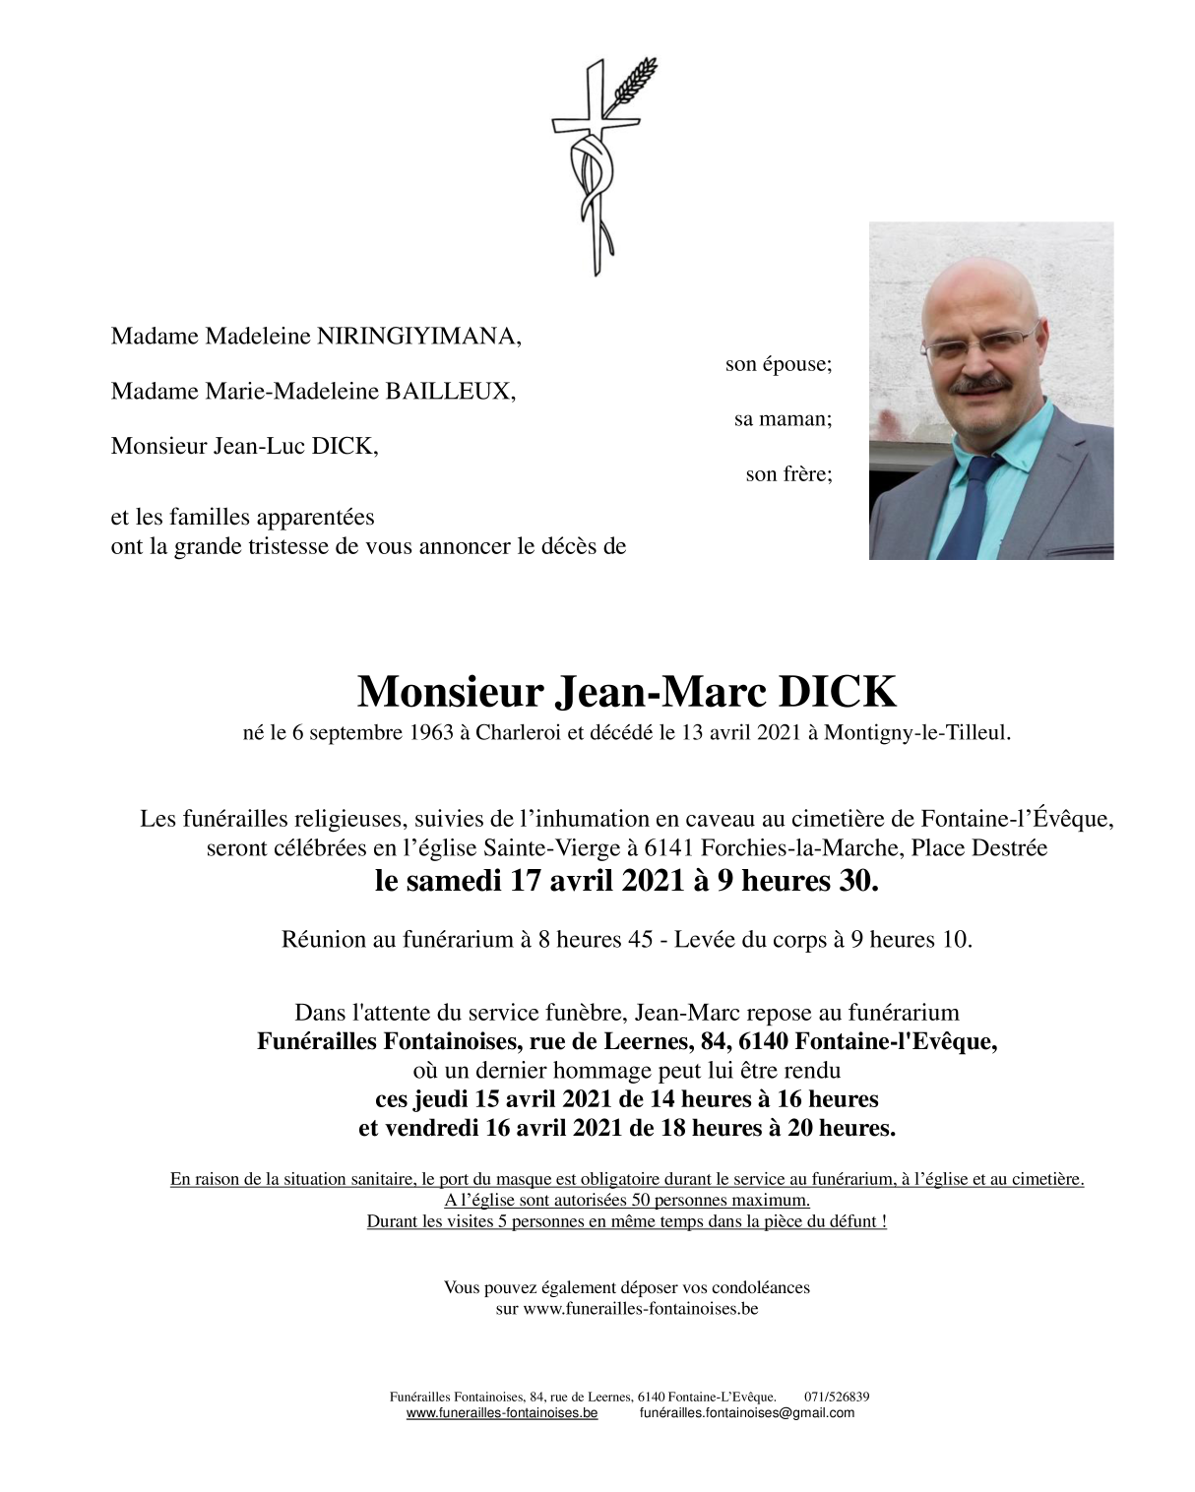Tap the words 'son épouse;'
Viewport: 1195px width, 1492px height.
(778, 364)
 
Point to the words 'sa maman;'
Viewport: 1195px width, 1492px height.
(783, 419)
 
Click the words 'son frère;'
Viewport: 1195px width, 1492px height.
(788, 474)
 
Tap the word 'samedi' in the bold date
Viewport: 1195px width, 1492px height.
(454, 881)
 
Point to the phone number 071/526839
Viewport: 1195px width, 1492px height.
(837, 1397)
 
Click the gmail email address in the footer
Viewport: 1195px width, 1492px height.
(747, 1413)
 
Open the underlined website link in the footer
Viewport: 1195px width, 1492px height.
(502, 1413)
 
